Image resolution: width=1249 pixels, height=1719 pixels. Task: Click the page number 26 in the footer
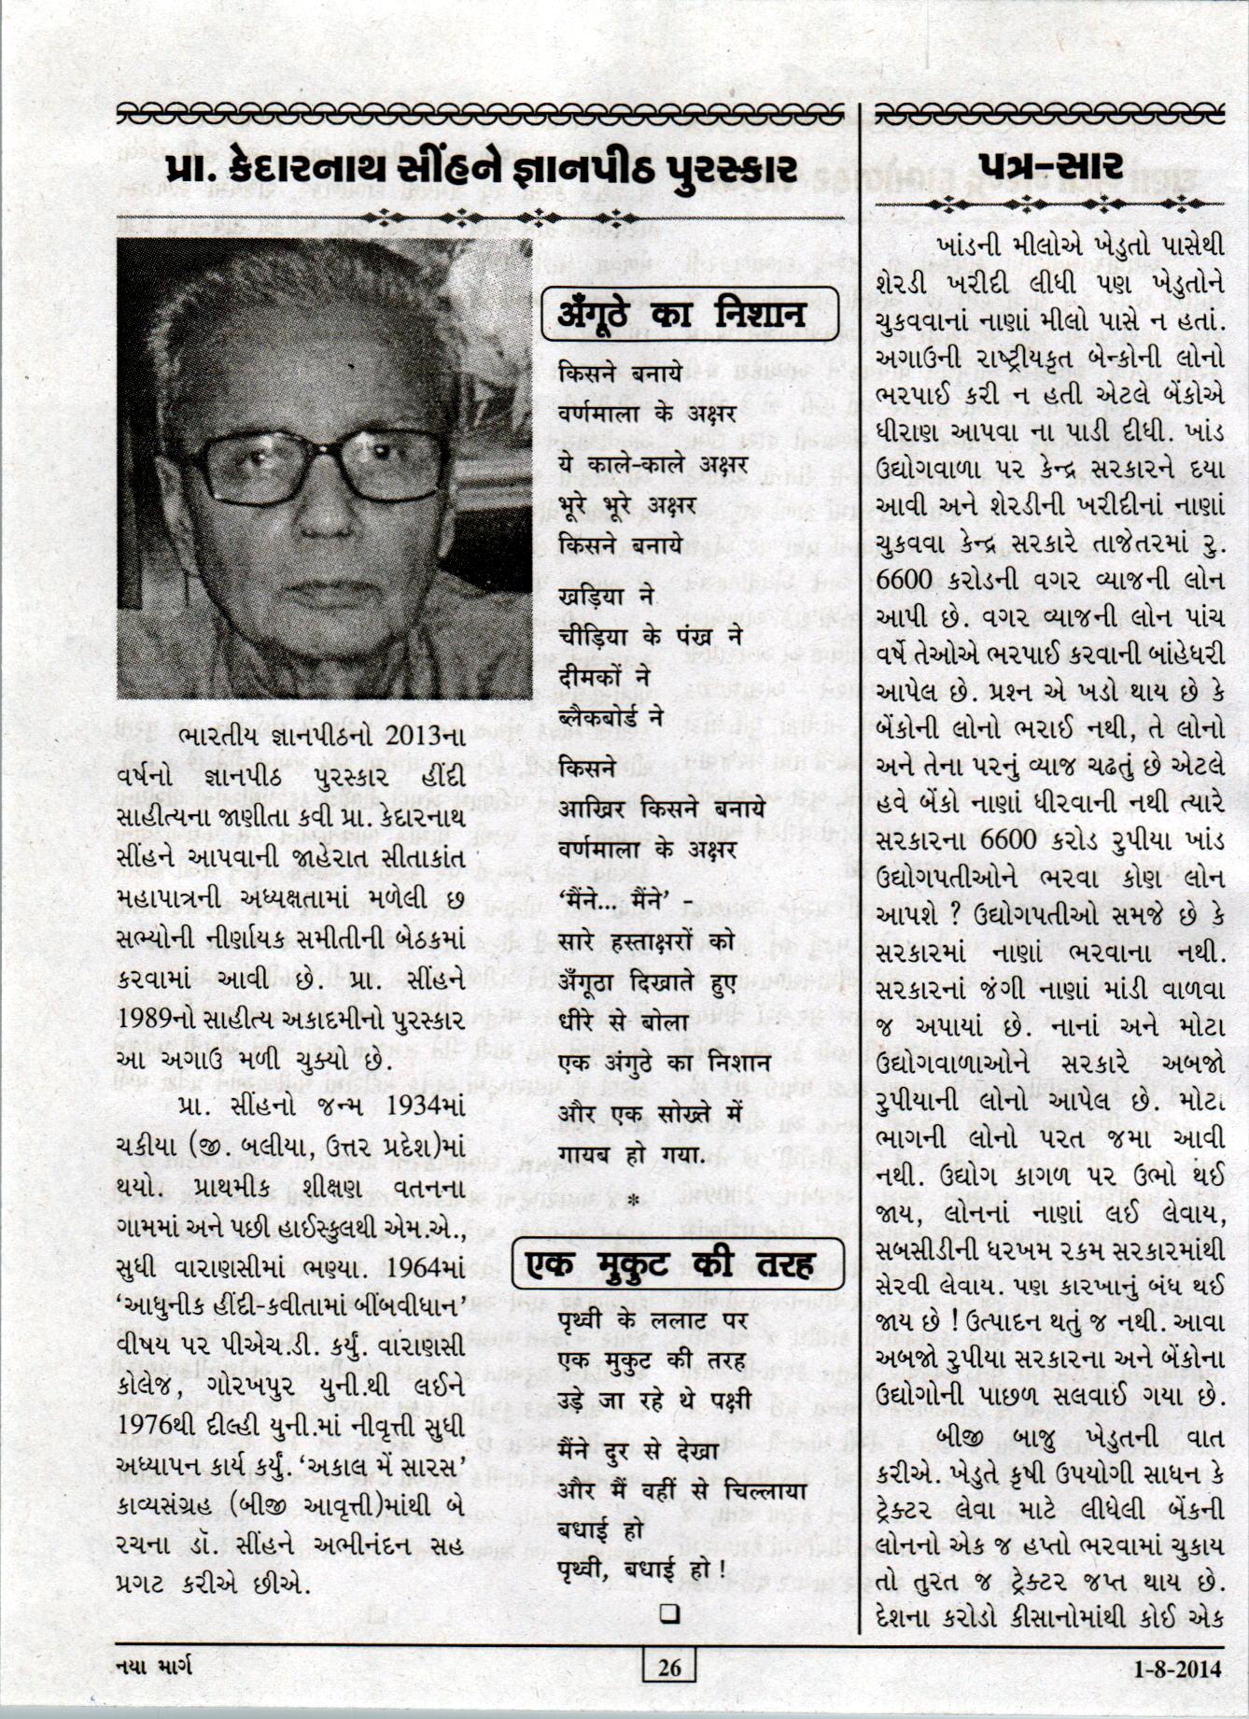(669, 1667)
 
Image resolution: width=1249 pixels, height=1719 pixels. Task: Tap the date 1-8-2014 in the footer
(1177, 1668)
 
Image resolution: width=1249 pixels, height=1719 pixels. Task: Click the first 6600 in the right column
(905, 579)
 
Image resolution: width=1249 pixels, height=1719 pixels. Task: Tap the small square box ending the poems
(668, 1613)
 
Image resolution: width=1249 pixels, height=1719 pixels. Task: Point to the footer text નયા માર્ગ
(154, 1667)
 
